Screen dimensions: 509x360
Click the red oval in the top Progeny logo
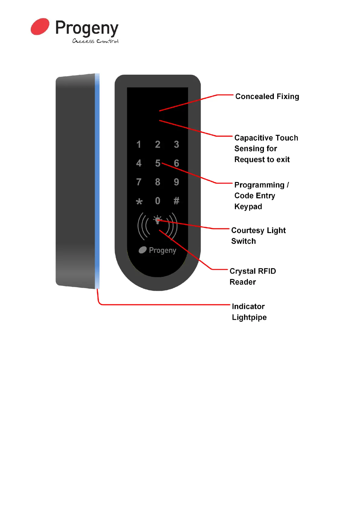tap(40, 27)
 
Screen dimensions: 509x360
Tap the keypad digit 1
tap(139, 144)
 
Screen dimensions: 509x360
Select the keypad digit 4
tap(139, 163)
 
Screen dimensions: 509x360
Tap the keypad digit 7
tap(139, 182)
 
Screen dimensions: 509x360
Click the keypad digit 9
tap(177, 182)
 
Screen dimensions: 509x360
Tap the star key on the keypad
tap(139, 202)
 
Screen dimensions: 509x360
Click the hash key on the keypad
tap(177, 201)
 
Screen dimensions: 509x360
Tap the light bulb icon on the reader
tap(157, 220)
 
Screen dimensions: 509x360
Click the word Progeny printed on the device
tap(162, 250)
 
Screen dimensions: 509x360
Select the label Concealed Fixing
tap(267, 96)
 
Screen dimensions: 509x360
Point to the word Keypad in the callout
tap(248, 206)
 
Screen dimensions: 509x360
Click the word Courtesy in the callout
tap(248, 230)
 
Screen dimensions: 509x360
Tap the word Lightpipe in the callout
tap(249, 317)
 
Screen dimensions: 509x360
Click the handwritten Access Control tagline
tap(96, 41)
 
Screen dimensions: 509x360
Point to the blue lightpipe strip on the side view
tap(97, 181)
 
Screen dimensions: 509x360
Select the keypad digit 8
tap(157, 182)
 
